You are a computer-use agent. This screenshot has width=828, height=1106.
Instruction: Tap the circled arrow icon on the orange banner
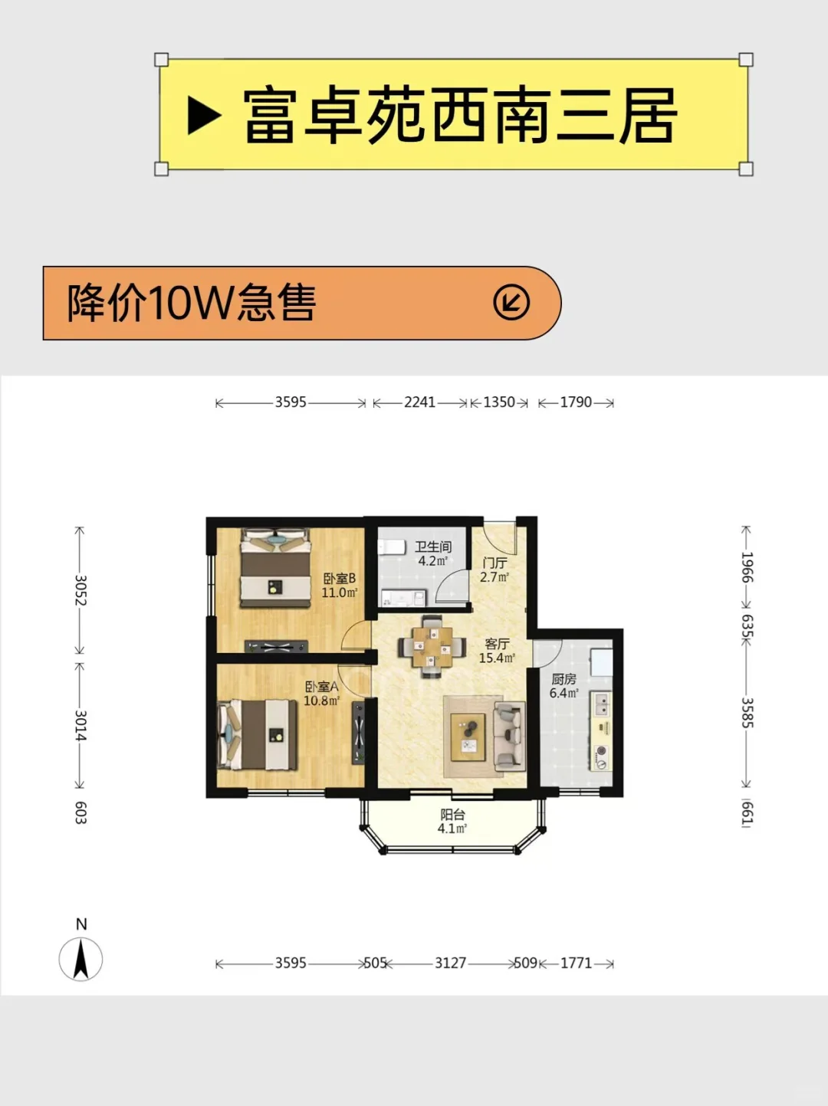click(511, 303)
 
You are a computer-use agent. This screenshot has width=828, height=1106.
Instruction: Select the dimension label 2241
click(420, 402)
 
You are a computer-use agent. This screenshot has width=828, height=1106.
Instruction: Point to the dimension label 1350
click(499, 402)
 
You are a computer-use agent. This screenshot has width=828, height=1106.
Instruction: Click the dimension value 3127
click(451, 963)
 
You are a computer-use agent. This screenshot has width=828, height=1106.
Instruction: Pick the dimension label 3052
click(80, 590)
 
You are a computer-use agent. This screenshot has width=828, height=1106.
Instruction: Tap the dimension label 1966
click(747, 567)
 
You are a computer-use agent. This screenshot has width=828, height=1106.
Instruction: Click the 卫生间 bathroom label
click(433, 546)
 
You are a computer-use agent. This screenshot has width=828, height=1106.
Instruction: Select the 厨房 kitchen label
click(563, 679)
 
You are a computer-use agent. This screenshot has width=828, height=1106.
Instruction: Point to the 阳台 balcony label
click(452, 815)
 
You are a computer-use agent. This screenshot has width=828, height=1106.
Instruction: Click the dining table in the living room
click(432, 647)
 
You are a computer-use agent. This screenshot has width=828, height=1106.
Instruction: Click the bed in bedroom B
click(274, 567)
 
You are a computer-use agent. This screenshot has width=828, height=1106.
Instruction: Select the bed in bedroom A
click(257, 734)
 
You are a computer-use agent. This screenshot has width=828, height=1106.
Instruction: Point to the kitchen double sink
click(601, 704)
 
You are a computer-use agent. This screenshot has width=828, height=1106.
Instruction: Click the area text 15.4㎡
click(497, 658)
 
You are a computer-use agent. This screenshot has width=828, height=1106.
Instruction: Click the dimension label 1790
click(576, 402)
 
